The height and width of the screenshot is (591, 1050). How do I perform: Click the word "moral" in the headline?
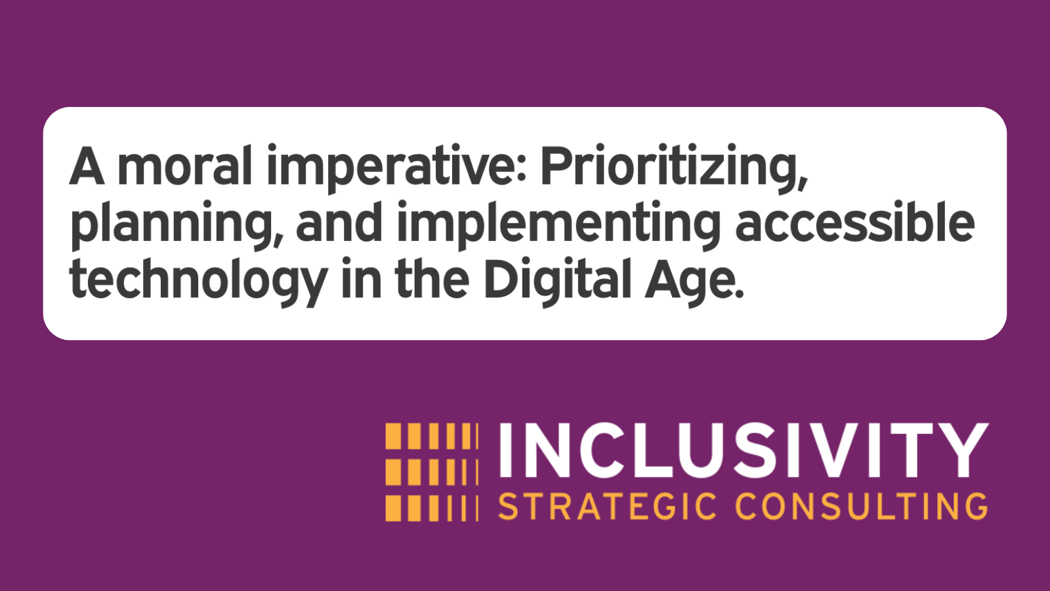[184, 166]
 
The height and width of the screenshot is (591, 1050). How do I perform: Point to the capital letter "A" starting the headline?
[87, 166]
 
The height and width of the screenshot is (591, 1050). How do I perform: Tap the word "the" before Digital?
[432, 279]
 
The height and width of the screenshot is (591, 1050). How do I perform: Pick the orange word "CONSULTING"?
[861, 507]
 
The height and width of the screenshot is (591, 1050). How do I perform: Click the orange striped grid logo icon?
[432, 472]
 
